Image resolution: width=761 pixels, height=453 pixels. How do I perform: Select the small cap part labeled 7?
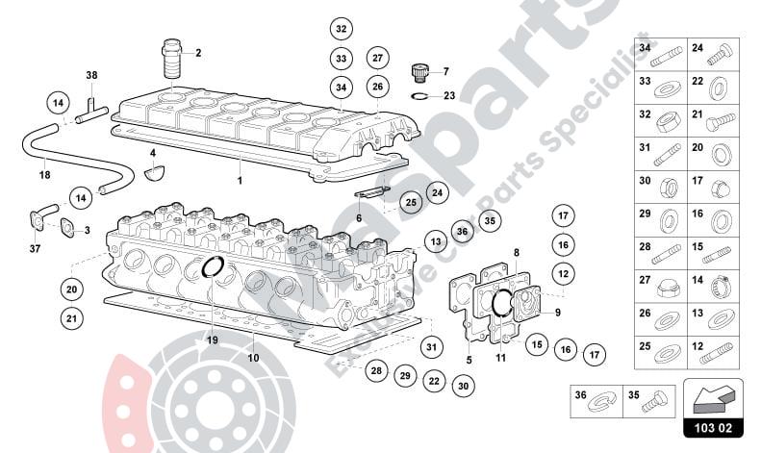[x=419, y=69]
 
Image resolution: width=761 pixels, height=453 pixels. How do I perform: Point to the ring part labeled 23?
[x=419, y=95]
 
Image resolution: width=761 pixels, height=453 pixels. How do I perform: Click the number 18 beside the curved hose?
[x=44, y=175]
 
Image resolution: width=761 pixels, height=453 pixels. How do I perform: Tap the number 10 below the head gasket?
[x=254, y=359]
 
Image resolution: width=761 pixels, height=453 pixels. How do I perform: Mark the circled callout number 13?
[x=436, y=241]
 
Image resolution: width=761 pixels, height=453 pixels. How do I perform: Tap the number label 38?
[x=91, y=75]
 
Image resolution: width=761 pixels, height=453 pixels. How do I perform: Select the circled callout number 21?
[x=70, y=316]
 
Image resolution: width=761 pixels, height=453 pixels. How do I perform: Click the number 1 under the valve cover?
[x=241, y=180]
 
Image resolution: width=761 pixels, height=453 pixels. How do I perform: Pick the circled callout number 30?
[x=464, y=386]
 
